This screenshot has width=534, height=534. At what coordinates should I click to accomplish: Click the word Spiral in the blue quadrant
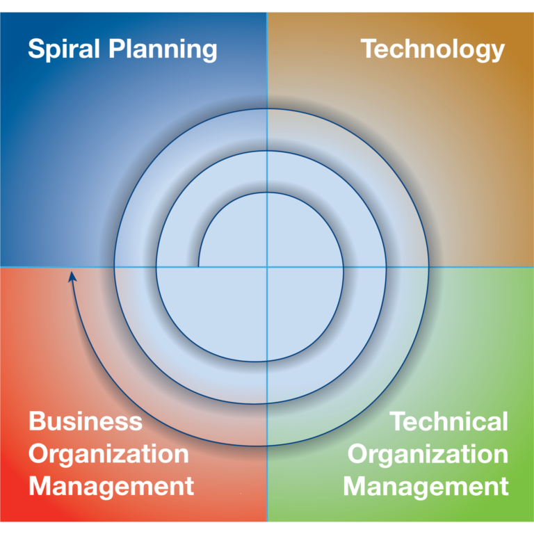pos(64,50)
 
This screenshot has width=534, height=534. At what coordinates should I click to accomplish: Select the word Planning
pos(163,50)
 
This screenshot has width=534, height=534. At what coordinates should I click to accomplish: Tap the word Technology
pos(432,50)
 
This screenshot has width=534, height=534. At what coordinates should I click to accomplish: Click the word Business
pos(86,421)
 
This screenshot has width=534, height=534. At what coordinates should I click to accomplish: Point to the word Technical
pos(449,421)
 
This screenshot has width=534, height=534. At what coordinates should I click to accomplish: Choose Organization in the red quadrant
pos(108,455)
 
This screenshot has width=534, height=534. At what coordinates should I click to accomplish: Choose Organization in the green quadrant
pos(428,455)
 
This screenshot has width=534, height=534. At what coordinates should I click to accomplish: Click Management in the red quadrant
pos(111,487)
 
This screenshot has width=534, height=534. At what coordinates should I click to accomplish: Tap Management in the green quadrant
pos(426,487)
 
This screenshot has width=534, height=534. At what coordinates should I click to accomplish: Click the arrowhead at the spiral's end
pos(72,277)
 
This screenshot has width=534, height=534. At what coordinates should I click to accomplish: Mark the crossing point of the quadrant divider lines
pos(267,267)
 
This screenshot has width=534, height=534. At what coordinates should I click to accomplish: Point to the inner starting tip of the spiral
pos(199,267)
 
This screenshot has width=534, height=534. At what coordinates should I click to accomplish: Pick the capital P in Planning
pos(117,49)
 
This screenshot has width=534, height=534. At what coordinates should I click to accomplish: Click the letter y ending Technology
pos(497,52)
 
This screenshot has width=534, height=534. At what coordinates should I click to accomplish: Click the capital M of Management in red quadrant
pos(40,485)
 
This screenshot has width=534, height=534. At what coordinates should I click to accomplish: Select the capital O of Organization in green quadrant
pos(357,453)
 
